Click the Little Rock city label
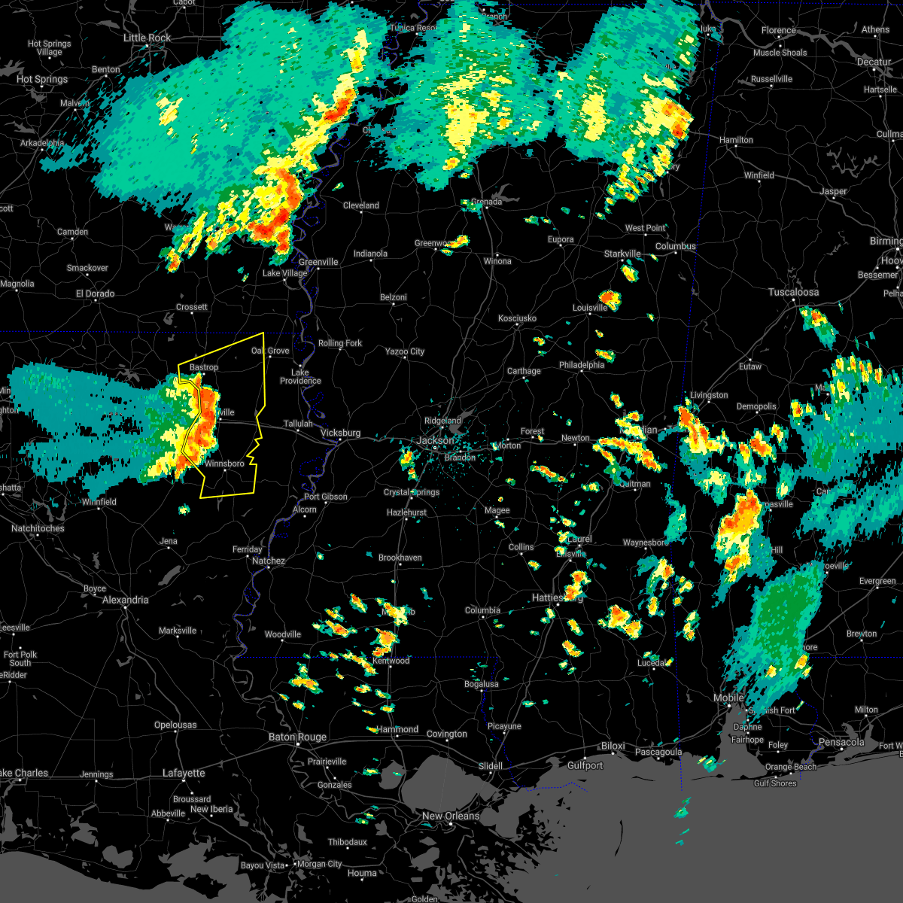click(x=147, y=38)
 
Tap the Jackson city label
click(x=435, y=440)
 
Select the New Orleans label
click(x=450, y=816)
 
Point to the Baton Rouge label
click(x=297, y=737)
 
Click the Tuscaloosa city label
click(x=793, y=292)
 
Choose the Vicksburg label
click(x=340, y=433)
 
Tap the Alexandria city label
click(x=125, y=600)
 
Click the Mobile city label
click(x=728, y=698)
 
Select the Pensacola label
click(x=841, y=743)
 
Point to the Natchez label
click(x=268, y=561)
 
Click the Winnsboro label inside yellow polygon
click(x=224, y=464)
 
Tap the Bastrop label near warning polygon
click(x=203, y=367)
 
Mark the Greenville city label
click(x=318, y=262)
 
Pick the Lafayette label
click(x=184, y=773)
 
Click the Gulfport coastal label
click(x=585, y=765)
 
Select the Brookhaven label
click(x=400, y=558)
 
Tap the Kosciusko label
click(x=517, y=318)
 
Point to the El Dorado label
click(x=95, y=293)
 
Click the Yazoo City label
click(x=405, y=351)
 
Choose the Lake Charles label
click(x=23, y=773)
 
